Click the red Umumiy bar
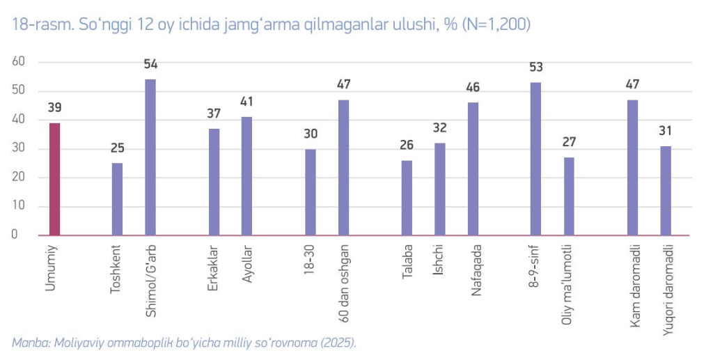[54, 179]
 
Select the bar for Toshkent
[117, 199]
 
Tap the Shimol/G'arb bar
[150, 157]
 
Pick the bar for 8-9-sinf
[535, 159]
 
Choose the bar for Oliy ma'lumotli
[569, 196]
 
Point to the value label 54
[150, 65]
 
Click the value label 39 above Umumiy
[54, 108]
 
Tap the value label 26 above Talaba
[407, 146]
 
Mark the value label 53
[535, 68]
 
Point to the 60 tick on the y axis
[18, 61]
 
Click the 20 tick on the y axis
[18, 177]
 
